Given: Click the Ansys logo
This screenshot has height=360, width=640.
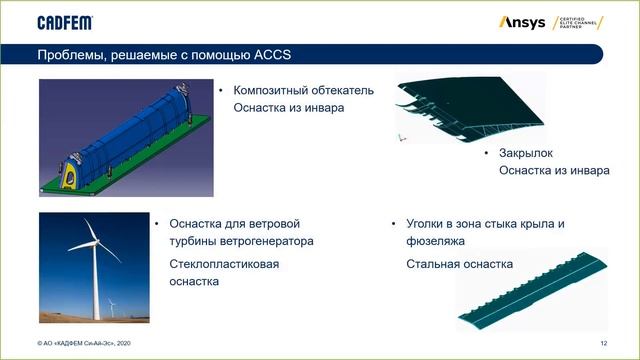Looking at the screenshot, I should pyautogui.click(x=521, y=22).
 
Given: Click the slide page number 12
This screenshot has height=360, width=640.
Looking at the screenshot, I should pyautogui.click(x=604, y=343).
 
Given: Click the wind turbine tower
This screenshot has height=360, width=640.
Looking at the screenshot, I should pyautogui.click(x=98, y=285).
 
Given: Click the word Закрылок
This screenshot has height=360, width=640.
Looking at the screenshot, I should pyautogui.click(x=527, y=153).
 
